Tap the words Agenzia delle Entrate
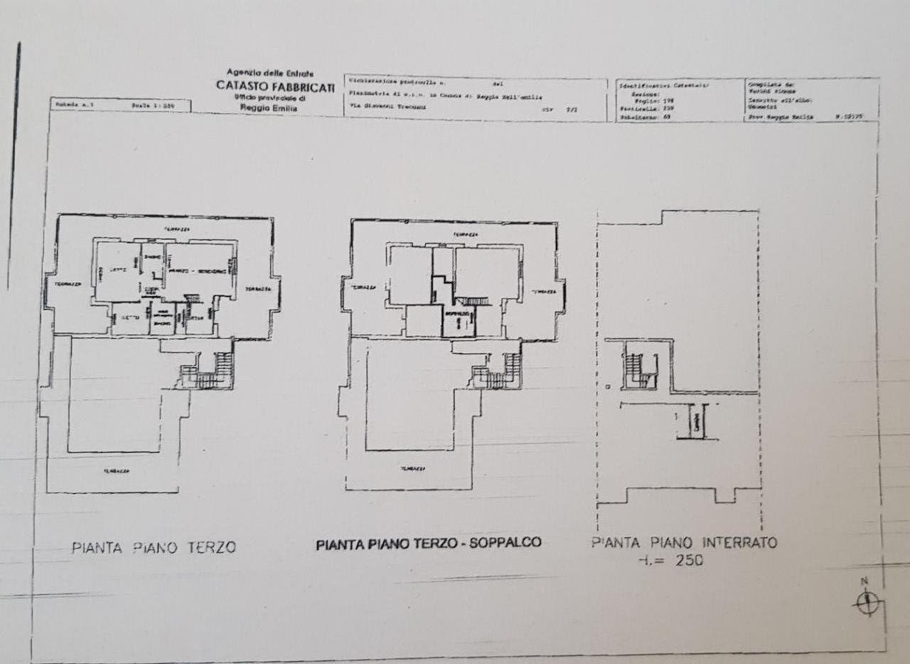(x=269, y=73)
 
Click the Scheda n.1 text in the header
(x=70, y=105)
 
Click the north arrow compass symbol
(x=867, y=604)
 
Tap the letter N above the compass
(x=865, y=581)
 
